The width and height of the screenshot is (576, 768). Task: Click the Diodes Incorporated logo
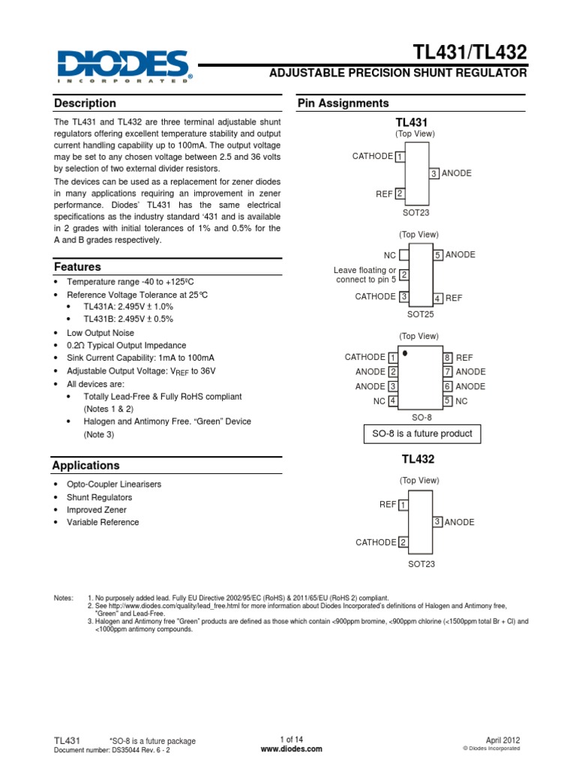(123, 67)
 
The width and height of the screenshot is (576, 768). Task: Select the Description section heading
(85, 103)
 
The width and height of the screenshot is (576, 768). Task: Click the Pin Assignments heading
(343, 103)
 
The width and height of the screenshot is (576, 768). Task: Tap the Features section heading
(77, 267)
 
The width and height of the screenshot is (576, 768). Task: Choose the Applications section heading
(85, 466)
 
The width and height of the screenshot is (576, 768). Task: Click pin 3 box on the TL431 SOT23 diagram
(433, 173)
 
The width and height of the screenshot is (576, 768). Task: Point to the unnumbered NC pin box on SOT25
(403, 255)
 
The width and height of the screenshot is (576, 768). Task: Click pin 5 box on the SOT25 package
(438, 255)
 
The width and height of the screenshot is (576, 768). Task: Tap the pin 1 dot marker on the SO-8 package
(405, 352)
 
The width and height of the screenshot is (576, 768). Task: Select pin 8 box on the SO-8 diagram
(447, 358)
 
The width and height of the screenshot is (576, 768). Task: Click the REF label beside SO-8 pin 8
(464, 358)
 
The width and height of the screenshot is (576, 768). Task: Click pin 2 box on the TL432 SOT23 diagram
(403, 542)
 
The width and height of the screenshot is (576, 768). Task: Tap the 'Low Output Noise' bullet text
(100, 332)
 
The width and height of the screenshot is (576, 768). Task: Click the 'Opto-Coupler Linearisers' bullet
(114, 484)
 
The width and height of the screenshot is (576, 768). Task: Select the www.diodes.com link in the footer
(291, 748)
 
